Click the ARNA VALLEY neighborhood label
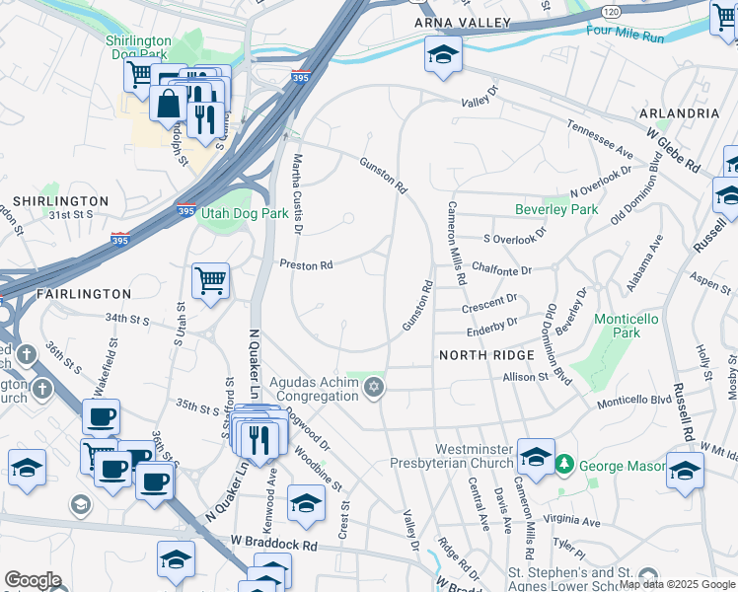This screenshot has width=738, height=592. [x=463, y=23]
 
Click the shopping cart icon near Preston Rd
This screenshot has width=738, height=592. [x=210, y=282]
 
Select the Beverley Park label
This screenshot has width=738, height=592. [x=556, y=210]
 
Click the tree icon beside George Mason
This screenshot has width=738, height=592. [x=564, y=464]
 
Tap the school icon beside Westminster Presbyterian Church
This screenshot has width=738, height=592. [x=536, y=458]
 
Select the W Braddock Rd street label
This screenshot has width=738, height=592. [x=274, y=543]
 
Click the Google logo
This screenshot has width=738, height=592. [x=33, y=580]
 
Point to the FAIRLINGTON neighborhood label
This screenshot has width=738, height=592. [x=83, y=294]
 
